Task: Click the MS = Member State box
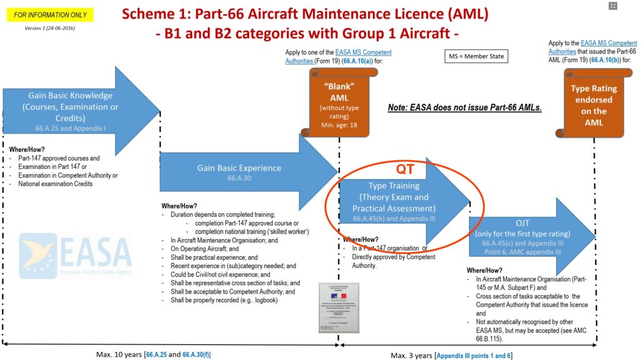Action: pos(476,56)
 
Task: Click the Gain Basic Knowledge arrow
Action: pos(70,106)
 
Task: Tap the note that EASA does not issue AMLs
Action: pos(464,108)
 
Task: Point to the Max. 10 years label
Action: pos(119,355)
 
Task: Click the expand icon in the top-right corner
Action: pos(613,6)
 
